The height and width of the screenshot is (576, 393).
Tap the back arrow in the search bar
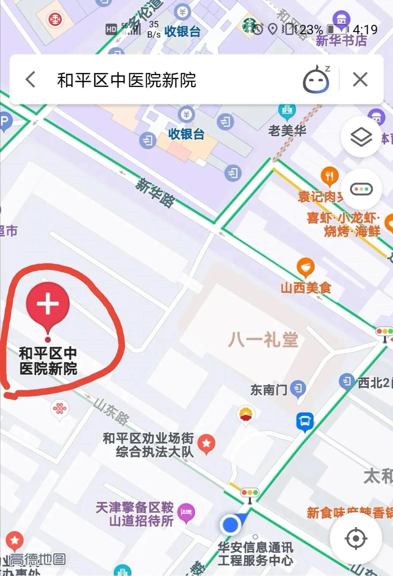tap(31, 79)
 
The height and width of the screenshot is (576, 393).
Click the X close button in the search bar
tap(360, 79)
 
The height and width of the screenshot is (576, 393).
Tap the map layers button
tap(361, 137)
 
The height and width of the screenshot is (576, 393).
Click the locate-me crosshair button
tap(356, 538)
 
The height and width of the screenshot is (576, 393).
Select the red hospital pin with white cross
tap(48, 304)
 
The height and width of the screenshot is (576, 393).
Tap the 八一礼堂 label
tap(263, 340)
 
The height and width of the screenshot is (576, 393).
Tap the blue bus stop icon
tap(305, 422)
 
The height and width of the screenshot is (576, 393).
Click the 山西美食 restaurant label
tap(306, 288)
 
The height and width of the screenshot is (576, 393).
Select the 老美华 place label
tap(287, 130)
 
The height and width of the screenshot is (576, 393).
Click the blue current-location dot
tap(230, 525)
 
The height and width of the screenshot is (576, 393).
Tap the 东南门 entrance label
tap(269, 390)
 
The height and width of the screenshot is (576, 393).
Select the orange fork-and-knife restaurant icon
tap(330, 177)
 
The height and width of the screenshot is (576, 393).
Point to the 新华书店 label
tap(341, 40)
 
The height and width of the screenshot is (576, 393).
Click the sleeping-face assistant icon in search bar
tap(316, 79)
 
